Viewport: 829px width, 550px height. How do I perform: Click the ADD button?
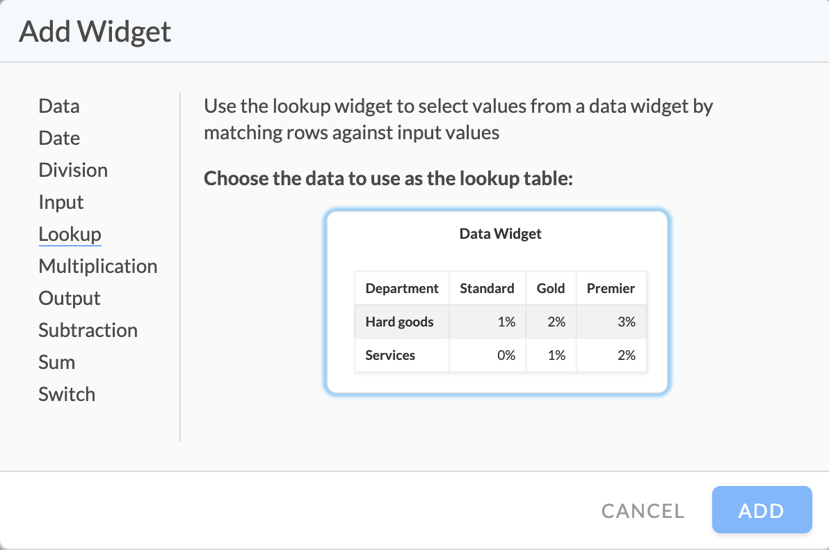coord(762,510)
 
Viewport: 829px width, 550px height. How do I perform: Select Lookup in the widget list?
coord(70,234)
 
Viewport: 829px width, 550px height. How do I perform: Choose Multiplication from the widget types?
coord(98,266)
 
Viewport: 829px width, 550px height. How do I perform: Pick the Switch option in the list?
coord(67,394)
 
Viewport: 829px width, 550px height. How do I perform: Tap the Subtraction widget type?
coord(88,330)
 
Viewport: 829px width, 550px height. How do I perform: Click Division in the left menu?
coord(73,171)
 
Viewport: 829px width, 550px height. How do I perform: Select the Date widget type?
coord(59,138)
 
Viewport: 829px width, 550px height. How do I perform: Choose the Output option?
coord(70,299)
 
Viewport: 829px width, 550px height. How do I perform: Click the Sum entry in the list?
coord(56,363)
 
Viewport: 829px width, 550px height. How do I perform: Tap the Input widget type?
coord(61,202)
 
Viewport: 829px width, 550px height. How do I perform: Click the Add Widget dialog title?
coord(95,32)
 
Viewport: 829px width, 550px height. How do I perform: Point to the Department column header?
coord(402,288)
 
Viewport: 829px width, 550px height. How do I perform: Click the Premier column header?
coord(611,288)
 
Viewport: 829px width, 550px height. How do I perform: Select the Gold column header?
coord(550,288)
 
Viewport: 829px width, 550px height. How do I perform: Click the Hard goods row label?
coord(399,322)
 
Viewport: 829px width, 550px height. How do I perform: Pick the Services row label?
coord(390,355)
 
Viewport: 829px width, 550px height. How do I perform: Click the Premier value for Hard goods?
coord(627,322)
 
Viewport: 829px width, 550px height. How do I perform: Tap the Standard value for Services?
coord(506,355)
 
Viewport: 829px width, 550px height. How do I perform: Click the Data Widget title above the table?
coord(500,234)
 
